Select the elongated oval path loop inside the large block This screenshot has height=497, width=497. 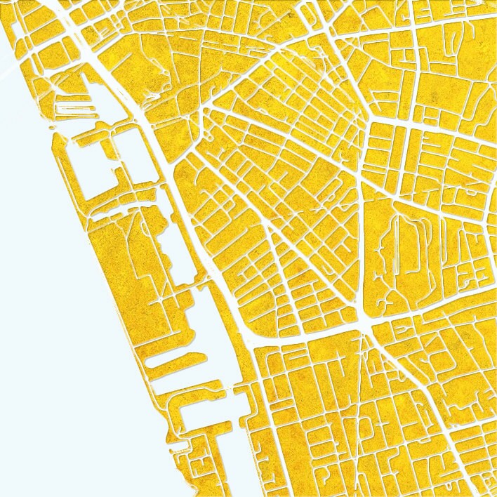pyautogui.click(x=404, y=246)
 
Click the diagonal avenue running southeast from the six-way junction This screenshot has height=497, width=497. pyautogui.click(x=407, y=379)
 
